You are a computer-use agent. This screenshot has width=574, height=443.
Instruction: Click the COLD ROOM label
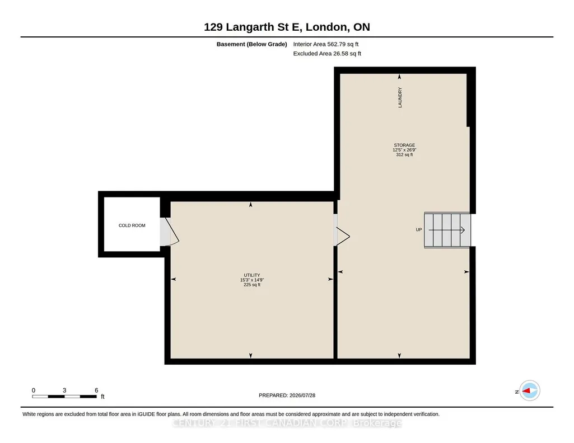(132, 225)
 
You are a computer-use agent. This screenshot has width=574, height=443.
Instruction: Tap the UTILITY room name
(252, 275)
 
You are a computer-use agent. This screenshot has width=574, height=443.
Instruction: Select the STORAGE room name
(404, 145)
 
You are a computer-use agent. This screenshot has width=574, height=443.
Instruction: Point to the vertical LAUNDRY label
(400, 97)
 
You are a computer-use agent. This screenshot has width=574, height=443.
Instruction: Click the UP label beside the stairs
(419, 229)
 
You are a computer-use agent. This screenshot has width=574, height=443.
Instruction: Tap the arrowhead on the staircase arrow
(463, 230)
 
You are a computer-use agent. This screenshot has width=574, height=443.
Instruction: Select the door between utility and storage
(342, 236)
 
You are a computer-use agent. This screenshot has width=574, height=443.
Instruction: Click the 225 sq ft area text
(252, 285)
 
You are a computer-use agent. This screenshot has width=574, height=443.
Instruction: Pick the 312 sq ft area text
(404, 154)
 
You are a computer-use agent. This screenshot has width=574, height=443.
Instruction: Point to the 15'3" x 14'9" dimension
(252, 280)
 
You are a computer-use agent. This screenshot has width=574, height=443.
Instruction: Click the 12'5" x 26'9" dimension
(404, 150)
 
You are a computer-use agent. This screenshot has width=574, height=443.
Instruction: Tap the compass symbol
(530, 391)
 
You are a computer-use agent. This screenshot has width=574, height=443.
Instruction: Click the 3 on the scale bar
(64, 390)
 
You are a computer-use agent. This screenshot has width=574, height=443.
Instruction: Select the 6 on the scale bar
(96, 390)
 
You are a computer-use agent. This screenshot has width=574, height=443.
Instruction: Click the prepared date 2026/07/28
(302, 395)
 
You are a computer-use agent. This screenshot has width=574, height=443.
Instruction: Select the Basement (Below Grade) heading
(252, 44)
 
